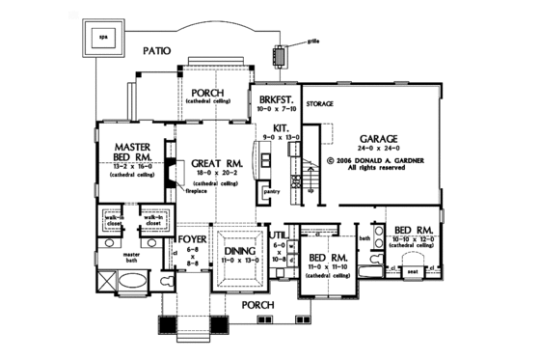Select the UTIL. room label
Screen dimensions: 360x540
point(281,234)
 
